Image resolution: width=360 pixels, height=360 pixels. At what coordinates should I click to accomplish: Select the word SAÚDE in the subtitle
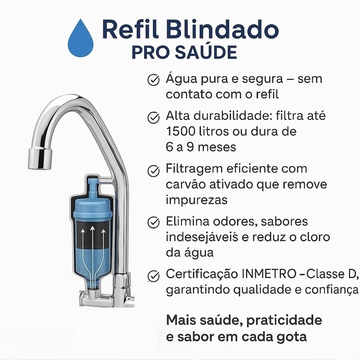click(206, 52)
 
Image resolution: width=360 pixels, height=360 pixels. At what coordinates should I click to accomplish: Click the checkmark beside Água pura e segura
click(153, 80)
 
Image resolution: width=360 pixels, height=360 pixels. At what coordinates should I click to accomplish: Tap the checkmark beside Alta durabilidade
click(153, 117)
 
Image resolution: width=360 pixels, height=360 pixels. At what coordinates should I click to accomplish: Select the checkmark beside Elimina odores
click(153, 223)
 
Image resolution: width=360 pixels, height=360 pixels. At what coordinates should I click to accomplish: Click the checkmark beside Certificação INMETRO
click(153, 275)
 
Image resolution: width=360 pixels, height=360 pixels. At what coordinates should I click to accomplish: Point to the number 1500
click(180, 131)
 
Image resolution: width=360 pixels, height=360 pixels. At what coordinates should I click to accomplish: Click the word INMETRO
click(269, 274)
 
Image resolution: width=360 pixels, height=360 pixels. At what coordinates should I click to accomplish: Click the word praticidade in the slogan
click(284, 321)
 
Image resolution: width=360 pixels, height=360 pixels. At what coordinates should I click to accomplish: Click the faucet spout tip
click(39, 159)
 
